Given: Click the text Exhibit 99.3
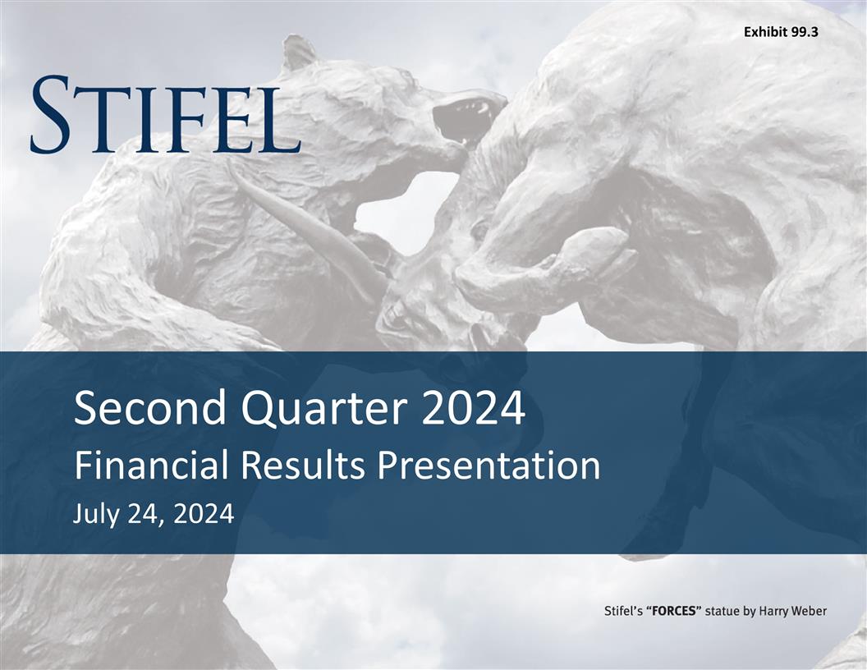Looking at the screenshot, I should (x=780, y=33).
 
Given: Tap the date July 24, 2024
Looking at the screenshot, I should (x=154, y=514).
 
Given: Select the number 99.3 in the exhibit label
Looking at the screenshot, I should (x=801, y=33).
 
